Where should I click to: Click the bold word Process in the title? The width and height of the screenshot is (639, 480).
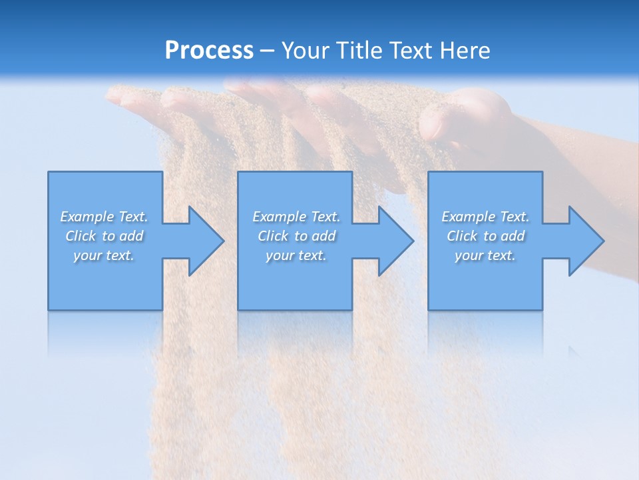(x=209, y=51)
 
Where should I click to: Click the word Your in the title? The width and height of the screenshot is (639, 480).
(x=307, y=51)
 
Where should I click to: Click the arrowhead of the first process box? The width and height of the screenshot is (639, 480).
(x=203, y=241)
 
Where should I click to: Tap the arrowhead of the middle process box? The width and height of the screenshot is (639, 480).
(x=393, y=241)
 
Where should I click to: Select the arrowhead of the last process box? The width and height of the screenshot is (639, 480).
(x=583, y=241)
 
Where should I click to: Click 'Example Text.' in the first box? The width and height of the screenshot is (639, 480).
(x=104, y=217)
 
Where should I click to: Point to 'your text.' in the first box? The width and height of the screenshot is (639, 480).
(x=104, y=255)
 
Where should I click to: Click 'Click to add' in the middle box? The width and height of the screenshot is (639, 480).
(x=296, y=236)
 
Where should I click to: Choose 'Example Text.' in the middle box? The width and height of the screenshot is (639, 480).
(x=296, y=217)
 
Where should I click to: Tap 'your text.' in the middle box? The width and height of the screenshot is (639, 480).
(x=296, y=255)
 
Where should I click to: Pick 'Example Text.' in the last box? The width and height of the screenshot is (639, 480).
(x=485, y=217)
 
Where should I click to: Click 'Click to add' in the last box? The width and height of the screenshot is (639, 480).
(x=485, y=236)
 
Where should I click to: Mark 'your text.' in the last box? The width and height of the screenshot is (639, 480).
(x=485, y=255)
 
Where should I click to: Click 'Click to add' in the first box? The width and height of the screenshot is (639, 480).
(x=104, y=236)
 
